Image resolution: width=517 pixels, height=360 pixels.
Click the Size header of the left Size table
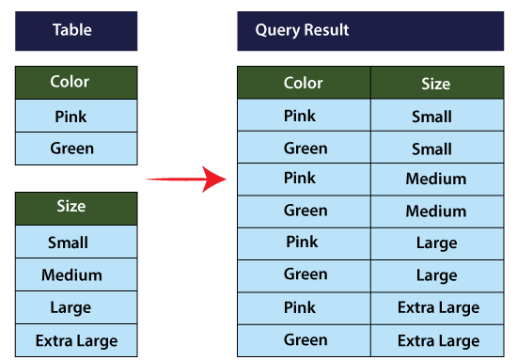(70, 207)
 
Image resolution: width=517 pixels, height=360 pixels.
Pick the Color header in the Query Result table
(304, 84)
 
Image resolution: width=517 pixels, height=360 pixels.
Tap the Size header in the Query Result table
(435, 84)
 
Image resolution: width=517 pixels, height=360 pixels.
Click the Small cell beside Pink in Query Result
(431, 117)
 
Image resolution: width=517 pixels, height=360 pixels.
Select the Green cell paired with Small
(305, 149)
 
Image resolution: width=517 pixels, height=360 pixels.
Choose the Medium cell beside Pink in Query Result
(435, 180)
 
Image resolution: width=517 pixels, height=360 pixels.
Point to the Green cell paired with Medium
(305, 211)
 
